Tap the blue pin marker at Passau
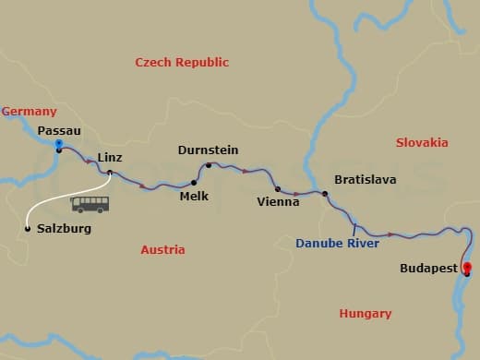[x=58, y=145]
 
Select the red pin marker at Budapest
[x=467, y=270]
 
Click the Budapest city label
[x=429, y=269]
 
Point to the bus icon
[x=90, y=204]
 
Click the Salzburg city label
[x=63, y=228]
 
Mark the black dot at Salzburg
[x=28, y=228]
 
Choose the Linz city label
[x=110, y=158]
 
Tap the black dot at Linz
[x=110, y=173]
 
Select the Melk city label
[x=194, y=196]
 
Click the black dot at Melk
[x=194, y=182]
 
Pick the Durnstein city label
[x=208, y=150]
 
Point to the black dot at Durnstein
[x=209, y=166]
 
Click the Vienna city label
[x=279, y=201]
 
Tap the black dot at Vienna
[x=278, y=188]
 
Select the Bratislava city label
[x=365, y=179]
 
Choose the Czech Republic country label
[x=182, y=62]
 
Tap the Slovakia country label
[x=422, y=142]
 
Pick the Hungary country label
[x=366, y=314]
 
